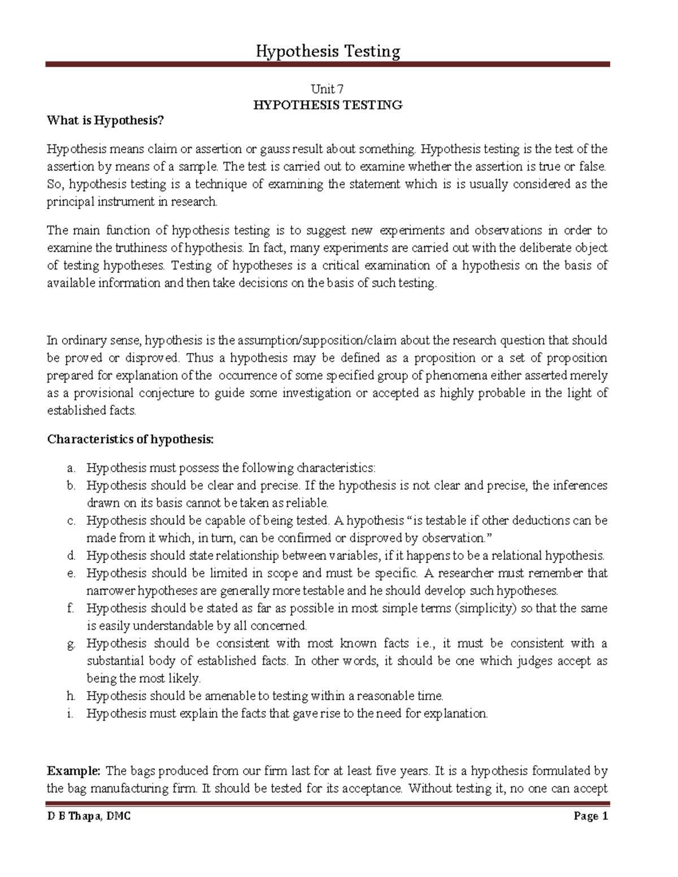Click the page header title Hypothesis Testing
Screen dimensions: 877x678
click(x=328, y=52)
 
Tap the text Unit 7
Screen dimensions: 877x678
click(x=328, y=89)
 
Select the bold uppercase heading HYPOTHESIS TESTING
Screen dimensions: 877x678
click(x=328, y=105)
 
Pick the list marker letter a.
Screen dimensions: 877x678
click(x=71, y=468)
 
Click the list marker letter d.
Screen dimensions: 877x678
click(x=71, y=556)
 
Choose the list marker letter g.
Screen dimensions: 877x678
click(x=71, y=644)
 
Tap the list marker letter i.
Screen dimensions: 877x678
click(x=71, y=714)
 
